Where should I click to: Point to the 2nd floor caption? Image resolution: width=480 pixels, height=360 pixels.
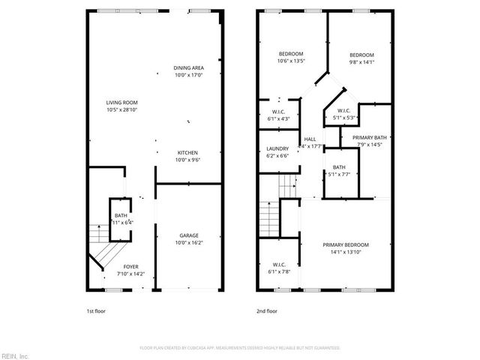click(268, 310)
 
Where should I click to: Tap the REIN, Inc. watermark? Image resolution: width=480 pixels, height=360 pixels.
click(15, 355)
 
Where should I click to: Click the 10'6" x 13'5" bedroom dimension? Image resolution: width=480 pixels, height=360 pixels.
click(290, 61)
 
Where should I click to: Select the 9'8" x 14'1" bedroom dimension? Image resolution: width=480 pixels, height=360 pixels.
click(361, 62)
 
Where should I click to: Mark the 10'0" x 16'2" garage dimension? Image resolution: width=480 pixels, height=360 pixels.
click(189, 243)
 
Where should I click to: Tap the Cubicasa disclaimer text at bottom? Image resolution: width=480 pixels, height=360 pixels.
click(240, 348)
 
